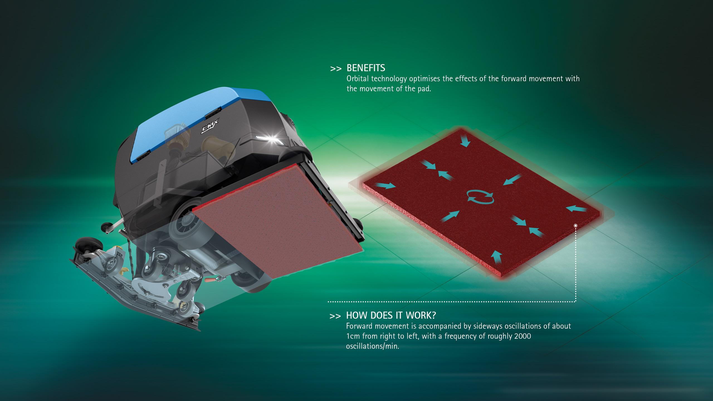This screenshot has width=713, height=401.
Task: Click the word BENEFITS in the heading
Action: tap(366, 68)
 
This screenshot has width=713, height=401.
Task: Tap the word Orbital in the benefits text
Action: tap(358, 79)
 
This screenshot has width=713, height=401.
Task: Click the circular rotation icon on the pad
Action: tap(480, 197)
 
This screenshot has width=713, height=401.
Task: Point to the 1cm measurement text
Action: tap(353, 336)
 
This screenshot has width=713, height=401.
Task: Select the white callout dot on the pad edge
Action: tap(575, 225)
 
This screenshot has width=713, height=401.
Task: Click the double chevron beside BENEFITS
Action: tap(336, 69)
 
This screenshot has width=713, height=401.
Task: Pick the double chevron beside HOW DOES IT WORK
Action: tap(335, 316)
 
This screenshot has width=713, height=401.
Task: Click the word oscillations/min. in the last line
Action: tap(373, 346)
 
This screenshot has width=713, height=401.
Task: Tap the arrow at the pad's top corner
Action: tap(465, 141)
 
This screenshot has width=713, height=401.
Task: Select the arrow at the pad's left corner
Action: tap(385, 185)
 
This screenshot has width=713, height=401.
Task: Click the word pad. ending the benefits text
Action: tap(424, 89)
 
